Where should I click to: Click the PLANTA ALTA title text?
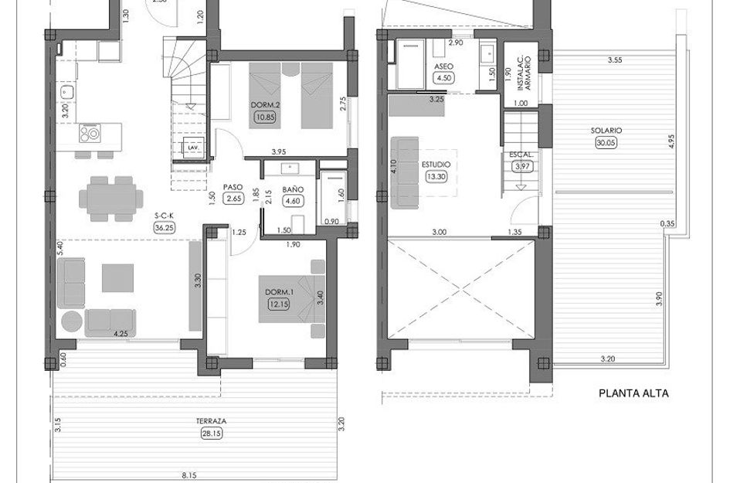pos(633,393)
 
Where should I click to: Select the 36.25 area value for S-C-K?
pos(165,227)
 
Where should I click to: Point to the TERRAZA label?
pos(211,421)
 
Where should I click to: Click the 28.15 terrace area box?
pos(212,434)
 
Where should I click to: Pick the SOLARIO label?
pos(606,131)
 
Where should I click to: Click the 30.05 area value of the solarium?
pos(606,143)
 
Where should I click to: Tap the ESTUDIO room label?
pos(436,165)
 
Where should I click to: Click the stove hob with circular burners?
pos(90,134)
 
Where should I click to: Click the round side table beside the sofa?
pos(72,321)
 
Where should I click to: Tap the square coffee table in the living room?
pos(117,278)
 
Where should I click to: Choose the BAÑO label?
pos(293,189)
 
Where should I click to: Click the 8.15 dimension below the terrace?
pos(189,475)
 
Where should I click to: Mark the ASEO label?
pos(443,66)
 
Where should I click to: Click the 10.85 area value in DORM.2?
pos(265,117)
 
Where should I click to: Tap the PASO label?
pos(233,187)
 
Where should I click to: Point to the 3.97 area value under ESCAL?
pos(522,166)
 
